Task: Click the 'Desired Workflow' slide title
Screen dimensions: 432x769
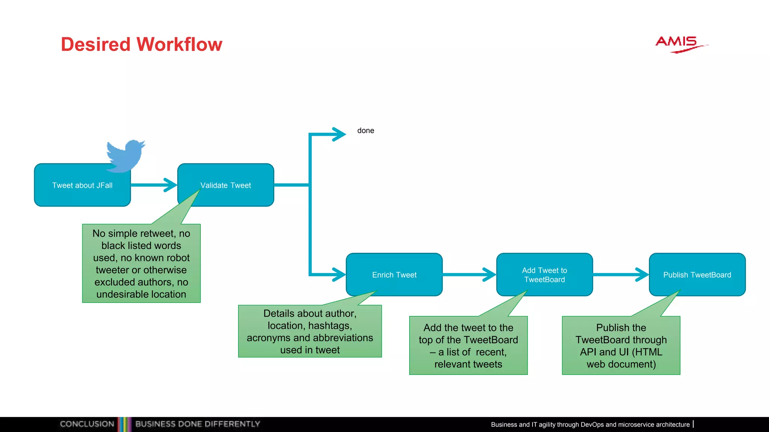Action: (142, 44)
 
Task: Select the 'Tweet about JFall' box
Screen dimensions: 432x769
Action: (82, 185)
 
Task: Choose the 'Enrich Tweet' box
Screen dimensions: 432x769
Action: (394, 274)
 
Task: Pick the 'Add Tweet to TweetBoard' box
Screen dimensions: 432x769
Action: (544, 274)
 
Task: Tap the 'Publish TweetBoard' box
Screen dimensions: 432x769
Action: (697, 274)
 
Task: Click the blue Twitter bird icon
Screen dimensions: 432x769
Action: (125, 155)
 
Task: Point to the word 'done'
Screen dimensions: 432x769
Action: (366, 130)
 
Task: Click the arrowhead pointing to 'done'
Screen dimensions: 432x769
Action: (339, 134)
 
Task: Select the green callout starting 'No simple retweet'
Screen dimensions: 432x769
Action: (141, 263)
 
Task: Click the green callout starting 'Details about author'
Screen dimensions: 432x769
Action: (310, 331)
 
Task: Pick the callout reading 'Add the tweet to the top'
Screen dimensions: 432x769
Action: (468, 345)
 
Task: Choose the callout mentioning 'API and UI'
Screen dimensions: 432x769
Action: (621, 345)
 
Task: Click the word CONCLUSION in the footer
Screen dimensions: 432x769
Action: (87, 424)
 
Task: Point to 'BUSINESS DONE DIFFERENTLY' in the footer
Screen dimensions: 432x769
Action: (198, 424)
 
